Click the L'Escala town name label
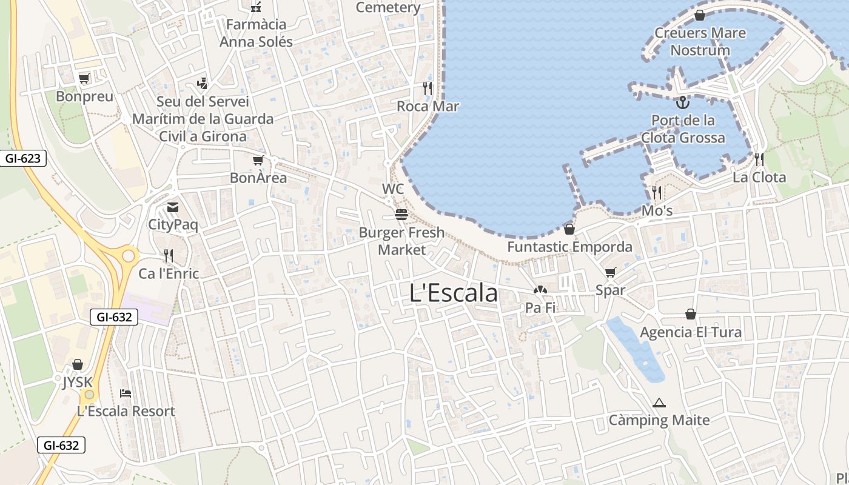pyautogui.click(x=454, y=293)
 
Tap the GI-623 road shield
pyautogui.click(x=23, y=159)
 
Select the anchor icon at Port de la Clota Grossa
pyautogui.click(x=683, y=102)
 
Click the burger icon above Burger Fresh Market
pyautogui.click(x=401, y=215)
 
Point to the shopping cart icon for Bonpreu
pyautogui.click(x=84, y=78)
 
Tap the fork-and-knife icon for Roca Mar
pyautogui.click(x=428, y=89)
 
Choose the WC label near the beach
pyautogui.click(x=393, y=189)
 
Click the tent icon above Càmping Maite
pyautogui.click(x=659, y=403)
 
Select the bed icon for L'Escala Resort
pyautogui.click(x=126, y=393)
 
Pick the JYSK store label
pyautogui.click(x=78, y=383)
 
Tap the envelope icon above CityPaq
pyautogui.click(x=173, y=207)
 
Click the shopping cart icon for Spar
pyautogui.click(x=610, y=273)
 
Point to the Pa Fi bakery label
pyautogui.click(x=540, y=308)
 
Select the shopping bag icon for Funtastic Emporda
pyautogui.click(x=569, y=229)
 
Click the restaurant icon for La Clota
pyautogui.click(x=759, y=159)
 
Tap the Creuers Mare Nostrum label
pyautogui.click(x=700, y=41)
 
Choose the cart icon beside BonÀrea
pyautogui.click(x=258, y=161)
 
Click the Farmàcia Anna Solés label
pyautogui.click(x=256, y=33)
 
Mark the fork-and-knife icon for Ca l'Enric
pyautogui.click(x=169, y=256)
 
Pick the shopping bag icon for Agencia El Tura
pyautogui.click(x=690, y=314)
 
